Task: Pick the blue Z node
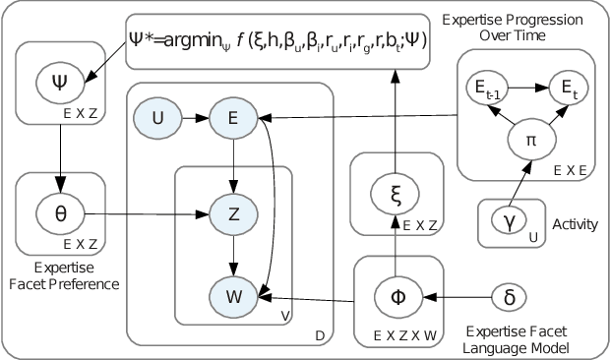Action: point(232,213)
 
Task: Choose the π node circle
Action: point(529,141)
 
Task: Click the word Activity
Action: point(576,224)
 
